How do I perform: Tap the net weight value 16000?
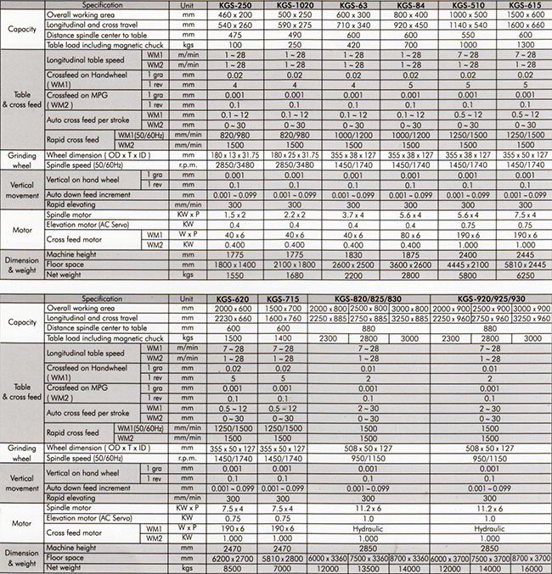530,568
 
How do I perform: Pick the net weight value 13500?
369,568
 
